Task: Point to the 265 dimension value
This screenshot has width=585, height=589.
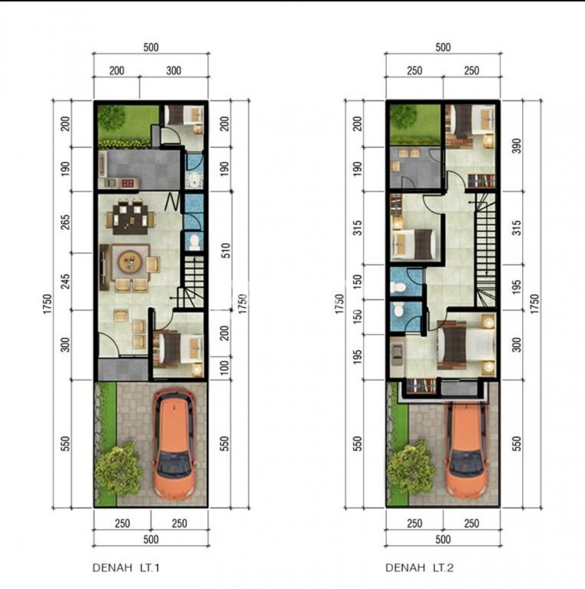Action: (66, 222)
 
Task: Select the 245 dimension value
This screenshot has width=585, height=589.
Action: (66, 281)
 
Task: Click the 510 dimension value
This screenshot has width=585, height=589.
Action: (226, 251)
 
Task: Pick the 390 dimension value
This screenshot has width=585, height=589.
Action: (516, 146)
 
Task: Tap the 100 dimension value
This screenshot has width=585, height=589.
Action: (225, 368)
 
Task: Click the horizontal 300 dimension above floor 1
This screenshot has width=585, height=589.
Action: (174, 71)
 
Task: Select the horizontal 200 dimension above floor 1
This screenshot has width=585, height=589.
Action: (117, 71)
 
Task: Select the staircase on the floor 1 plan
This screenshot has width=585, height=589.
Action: (191, 282)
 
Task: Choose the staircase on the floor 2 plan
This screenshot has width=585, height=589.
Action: (486, 250)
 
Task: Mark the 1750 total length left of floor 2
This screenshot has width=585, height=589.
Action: (340, 304)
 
